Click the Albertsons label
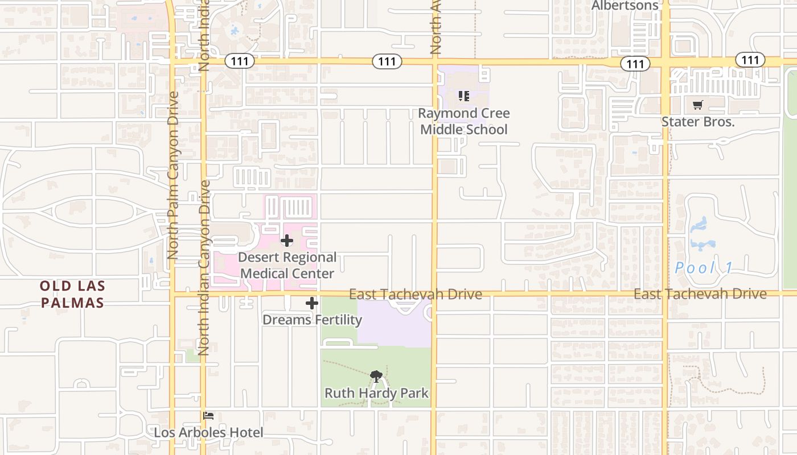tap(625, 6)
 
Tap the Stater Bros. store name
tap(698, 122)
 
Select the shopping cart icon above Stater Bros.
tap(698, 105)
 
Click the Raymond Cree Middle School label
tap(464, 121)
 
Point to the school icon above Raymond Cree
tap(464, 96)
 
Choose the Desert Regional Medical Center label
tap(287, 266)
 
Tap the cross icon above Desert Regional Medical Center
tap(287, 241)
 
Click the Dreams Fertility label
tap(312, 320)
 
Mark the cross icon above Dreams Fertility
tap(312, 303)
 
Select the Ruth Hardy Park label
tap(376, 393)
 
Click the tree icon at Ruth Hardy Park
tap(376, 376)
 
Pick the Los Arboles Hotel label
tap(208, 433)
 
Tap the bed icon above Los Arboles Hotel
tap(208, 416)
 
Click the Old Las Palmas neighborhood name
tap(72, 294)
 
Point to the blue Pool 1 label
tap(704, 268)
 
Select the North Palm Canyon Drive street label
tap(173, 175)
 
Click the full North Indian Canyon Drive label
tap(204, 267)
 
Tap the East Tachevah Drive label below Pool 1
tap(700, 294)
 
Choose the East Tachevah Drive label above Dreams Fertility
tap(415, 294)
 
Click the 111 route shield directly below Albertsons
tap(635, 64)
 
